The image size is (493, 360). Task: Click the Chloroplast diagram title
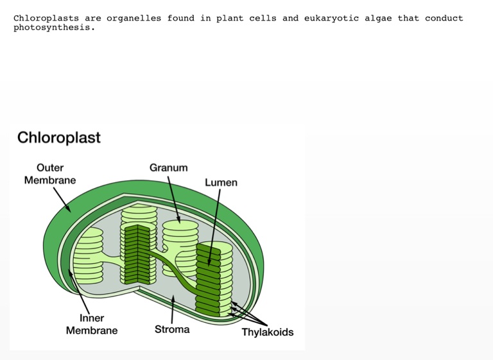59,137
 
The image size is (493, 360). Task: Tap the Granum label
169,167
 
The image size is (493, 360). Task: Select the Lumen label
221,182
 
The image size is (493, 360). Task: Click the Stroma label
172,329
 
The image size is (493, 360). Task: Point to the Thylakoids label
267,332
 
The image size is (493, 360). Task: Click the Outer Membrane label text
50,174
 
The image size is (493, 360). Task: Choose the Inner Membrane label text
92,324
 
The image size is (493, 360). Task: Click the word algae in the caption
378,18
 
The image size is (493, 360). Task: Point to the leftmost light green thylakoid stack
89,255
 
